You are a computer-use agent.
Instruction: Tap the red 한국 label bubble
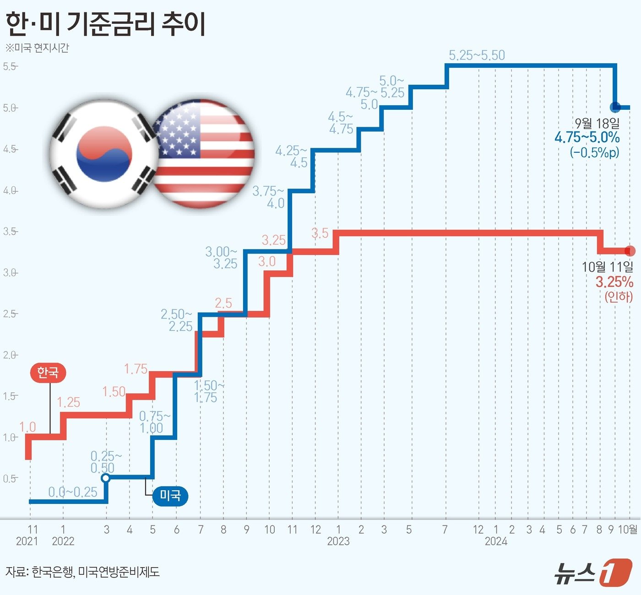(48, 373)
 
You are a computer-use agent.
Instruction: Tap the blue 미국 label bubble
(170, 495)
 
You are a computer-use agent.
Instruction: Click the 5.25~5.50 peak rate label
(477, 55)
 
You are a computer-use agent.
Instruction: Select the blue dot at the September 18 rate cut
(615, 108)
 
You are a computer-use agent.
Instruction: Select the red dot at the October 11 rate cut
(630, 251)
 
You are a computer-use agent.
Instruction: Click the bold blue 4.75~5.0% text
(587, 137)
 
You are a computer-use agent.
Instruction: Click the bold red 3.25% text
(614, 281)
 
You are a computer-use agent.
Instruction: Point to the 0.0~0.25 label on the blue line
(73, 492)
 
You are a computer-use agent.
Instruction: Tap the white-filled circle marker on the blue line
(105, 478)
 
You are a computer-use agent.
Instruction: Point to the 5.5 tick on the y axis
(10, 66)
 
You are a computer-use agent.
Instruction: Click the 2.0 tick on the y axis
(10, 355)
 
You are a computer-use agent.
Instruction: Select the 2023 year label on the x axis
(338, 541)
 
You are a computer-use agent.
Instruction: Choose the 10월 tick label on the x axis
(628, 530)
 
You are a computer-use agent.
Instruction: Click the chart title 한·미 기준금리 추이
(105, 24)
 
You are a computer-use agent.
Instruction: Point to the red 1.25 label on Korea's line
(68, 402)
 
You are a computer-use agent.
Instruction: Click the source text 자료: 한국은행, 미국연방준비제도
(82, 572)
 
